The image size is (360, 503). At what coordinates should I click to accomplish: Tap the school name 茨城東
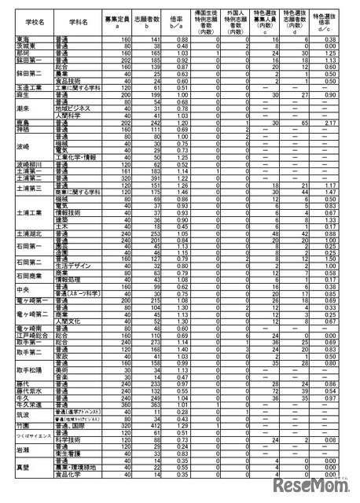(24, 45)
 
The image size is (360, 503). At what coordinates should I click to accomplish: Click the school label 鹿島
(23, 123)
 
